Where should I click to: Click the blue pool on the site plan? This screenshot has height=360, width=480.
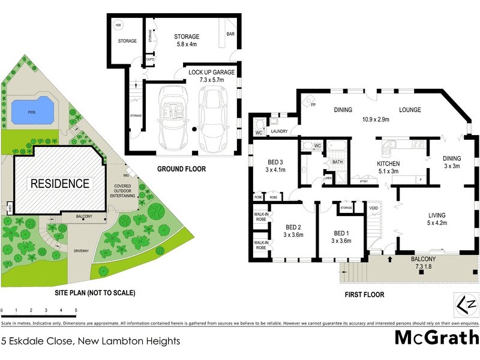point(31,110)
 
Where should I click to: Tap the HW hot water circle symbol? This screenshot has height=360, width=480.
point(118,25)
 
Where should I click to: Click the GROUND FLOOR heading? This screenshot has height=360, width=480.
point(181,169)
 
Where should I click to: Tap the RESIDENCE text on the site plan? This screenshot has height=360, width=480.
point(60,184)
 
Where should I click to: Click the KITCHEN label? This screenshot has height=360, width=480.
point(388,164)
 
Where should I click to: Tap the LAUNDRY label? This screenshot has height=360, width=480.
point(280,131)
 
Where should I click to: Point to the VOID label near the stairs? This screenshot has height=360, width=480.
point(373,208)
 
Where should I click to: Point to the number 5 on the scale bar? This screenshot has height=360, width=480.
point(76,311)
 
